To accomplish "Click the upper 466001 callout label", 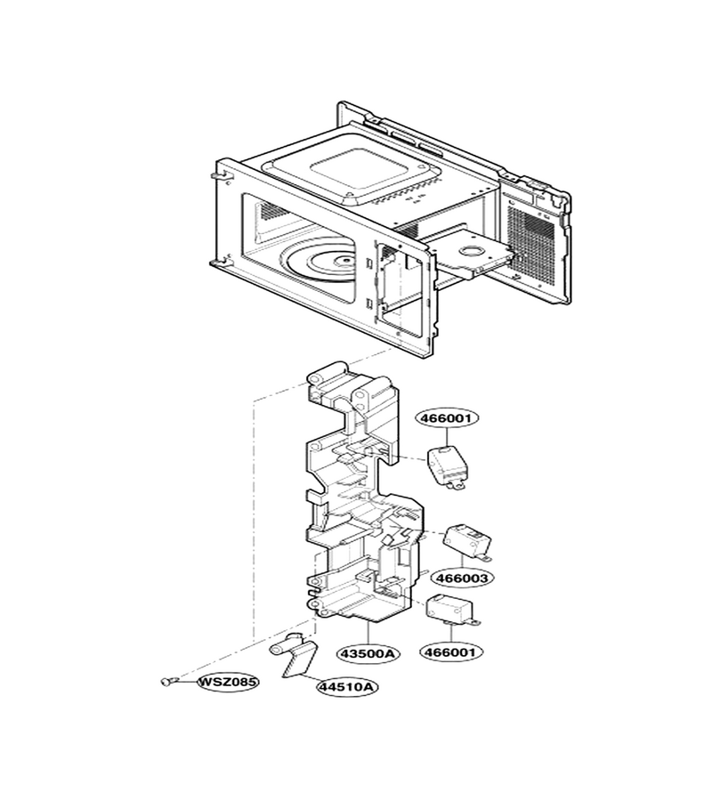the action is coord(449,418).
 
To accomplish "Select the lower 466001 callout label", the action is coord(450,652).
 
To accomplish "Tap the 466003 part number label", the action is coord(462,578).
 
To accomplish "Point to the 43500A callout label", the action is coord(368,653).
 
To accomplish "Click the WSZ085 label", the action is coord(227,682).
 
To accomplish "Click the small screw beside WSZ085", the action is coord(167,681).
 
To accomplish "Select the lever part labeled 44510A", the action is coord(293,655).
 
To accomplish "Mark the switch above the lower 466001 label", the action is coord(453,609).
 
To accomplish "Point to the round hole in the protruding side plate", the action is coord(475,251).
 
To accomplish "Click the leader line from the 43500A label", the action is coord(368,633).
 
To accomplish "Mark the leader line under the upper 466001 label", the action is coord(448,437).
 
